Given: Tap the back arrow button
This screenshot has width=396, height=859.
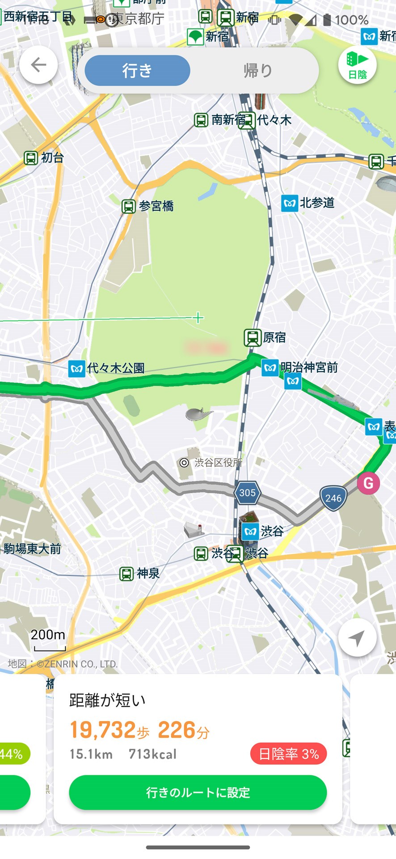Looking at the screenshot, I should click(x=38, y=65).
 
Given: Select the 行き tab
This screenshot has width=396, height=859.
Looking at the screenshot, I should click(x=137, y=71).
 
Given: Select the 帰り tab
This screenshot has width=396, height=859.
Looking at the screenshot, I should click(x=258, y=71).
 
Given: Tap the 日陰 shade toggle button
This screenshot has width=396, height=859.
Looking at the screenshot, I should click(x=357, y=65).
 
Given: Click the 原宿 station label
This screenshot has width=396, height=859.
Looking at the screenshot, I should click(x=265, y=337).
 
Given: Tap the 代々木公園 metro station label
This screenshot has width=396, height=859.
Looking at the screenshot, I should click(x=107, y=369).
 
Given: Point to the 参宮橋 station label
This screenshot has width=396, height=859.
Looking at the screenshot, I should click(x=148, y=206).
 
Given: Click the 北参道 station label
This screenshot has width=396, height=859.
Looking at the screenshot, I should click(x=308, y=203).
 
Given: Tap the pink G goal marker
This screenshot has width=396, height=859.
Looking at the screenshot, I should click(x=368, y=483).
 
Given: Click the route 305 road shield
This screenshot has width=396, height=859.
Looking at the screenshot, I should click(x=247, y=493).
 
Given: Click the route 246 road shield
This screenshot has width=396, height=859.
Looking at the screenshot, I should click(x=333, y=498).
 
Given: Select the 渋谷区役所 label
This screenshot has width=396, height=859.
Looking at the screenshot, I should click(x=211, y=463).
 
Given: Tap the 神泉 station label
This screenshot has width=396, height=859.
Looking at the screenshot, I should click(x=140, y=574).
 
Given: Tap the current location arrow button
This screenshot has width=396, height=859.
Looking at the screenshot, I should click(x=357, y=638).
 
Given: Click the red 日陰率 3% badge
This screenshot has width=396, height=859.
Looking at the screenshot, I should click(x=288, y=754).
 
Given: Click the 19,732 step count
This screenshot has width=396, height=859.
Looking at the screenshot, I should click(x=103, y=730).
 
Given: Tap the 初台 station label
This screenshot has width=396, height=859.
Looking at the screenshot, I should click(x=44, y=158).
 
